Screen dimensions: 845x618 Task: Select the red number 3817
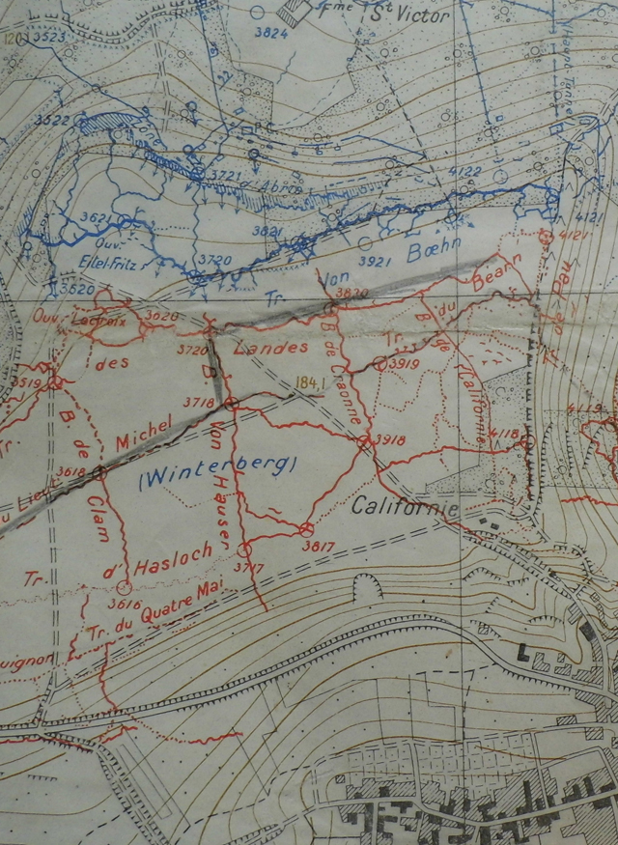click(x=317, y=545)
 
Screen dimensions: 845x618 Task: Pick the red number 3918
click(x=390, y=439)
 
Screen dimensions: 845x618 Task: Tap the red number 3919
click(x=405, y=364)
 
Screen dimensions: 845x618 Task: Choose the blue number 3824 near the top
click(x=270, y=33)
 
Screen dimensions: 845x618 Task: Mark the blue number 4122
click(x=464, y=172)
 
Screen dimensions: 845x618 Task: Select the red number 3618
click(x=71, y=470)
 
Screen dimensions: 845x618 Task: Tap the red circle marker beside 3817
click(x=305, y=528)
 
